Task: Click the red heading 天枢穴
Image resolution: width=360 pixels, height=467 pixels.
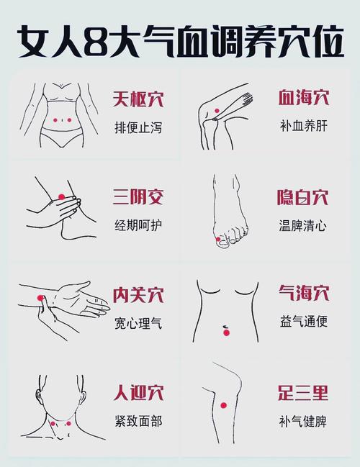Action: click(138, 99)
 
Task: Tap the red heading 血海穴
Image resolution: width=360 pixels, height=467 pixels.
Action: click(303, 99)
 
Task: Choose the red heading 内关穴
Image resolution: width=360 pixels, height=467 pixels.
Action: click(138, 295)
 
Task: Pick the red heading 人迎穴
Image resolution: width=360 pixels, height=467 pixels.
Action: click(138, 393)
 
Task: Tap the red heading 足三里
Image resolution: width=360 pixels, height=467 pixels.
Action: click(303, 393)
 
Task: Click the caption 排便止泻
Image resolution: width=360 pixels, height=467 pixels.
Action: click(138, 127)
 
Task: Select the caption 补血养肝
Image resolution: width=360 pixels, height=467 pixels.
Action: click(303, 127)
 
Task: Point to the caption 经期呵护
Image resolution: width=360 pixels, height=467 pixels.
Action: click(138, 225)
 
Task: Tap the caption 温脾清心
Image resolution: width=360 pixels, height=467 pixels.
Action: click(303, 225)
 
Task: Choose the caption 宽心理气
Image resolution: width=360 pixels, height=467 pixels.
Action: click(138, 323)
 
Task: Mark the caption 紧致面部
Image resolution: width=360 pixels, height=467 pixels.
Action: click(138, 421)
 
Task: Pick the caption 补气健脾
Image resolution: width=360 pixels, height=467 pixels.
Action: click(303, 421)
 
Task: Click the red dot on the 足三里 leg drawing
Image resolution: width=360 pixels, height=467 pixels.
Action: click(223, 406)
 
